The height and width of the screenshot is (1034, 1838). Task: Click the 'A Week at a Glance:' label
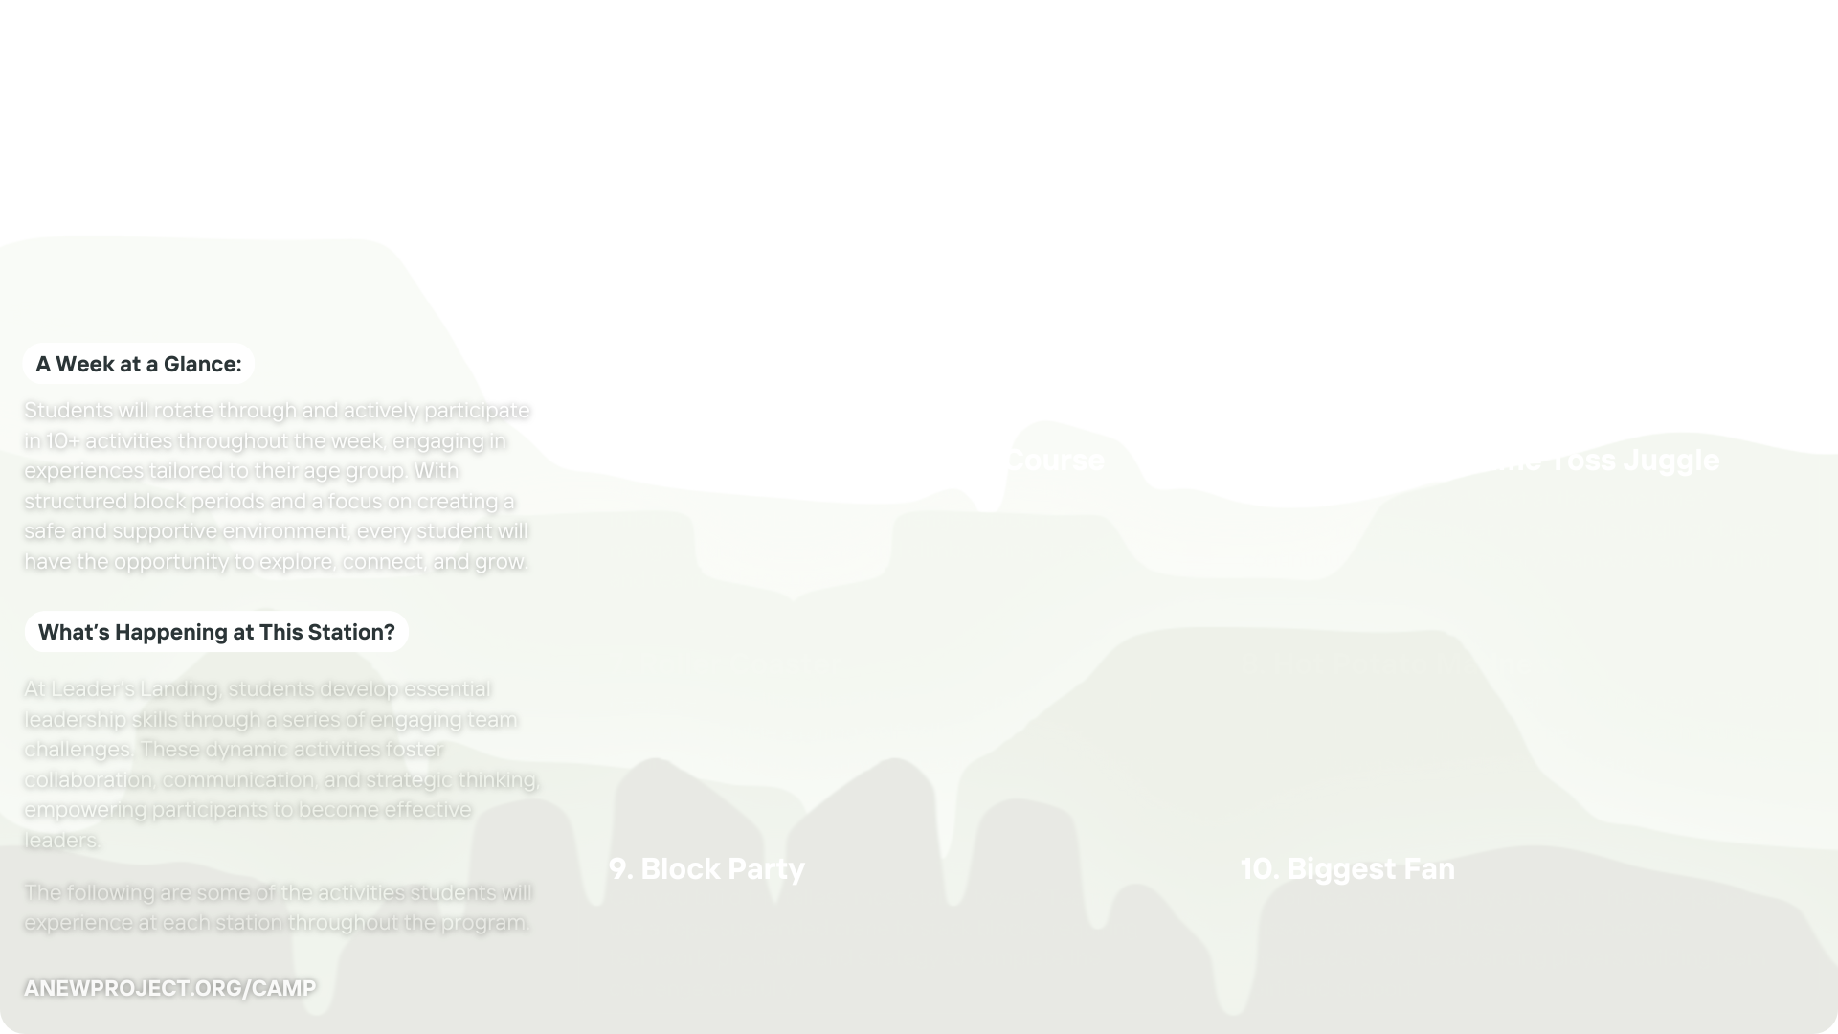139,364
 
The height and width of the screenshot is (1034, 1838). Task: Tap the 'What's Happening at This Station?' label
216,632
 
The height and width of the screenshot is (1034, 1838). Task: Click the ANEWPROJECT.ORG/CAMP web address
169,988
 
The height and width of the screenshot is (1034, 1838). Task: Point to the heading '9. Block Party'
706,868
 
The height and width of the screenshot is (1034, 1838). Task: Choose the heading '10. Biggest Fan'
1347,868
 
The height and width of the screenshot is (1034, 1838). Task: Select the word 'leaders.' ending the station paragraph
62,840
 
